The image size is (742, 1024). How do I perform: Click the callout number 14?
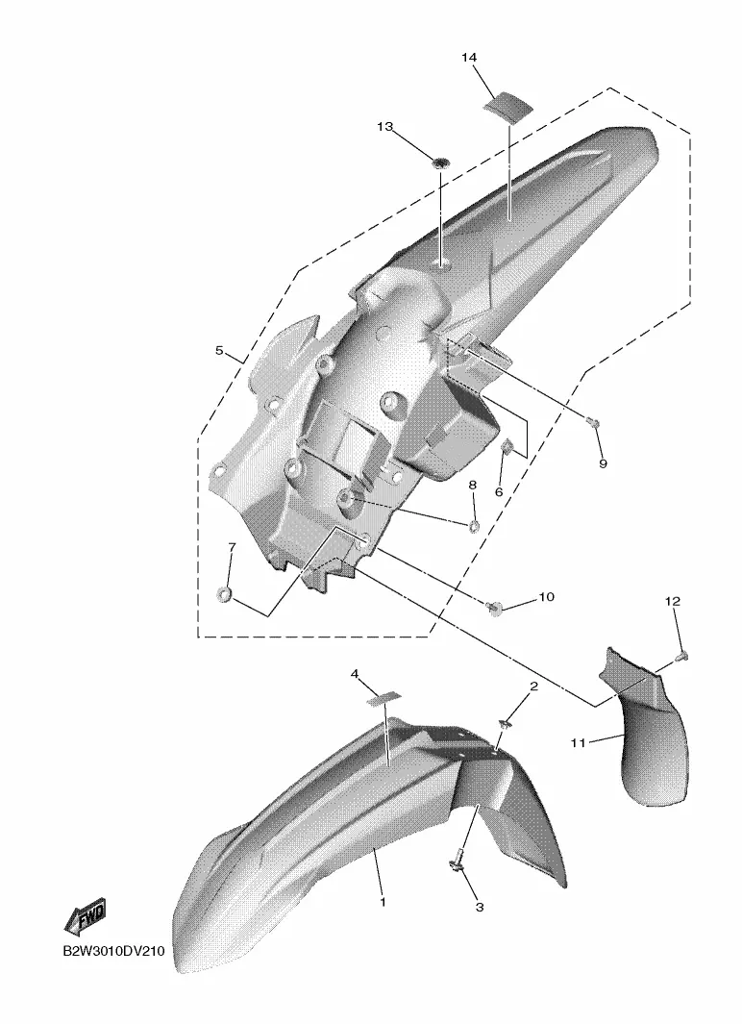(x=469, y=58)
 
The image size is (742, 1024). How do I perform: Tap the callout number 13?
(x=385, y=127)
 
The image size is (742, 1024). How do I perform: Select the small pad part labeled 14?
(x=507, y=105)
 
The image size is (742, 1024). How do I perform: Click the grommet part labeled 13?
(x=442, y=161)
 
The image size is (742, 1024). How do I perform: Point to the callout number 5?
(x=219, y=351)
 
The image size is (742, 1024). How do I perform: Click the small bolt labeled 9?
(x=594, y=423)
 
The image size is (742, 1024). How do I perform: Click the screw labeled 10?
(x=495, y=608)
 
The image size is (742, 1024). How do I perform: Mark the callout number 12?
(x=672, y=601)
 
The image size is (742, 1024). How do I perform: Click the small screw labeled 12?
(x=683, y=655)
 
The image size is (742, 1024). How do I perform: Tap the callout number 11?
(x=578, y=742)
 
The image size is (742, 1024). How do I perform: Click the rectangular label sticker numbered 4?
(x=385, y=698)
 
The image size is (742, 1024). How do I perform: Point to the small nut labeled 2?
(x=505, y=723)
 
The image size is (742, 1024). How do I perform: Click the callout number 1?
(x=383, y=902)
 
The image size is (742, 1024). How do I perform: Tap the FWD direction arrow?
(x=85, y=919)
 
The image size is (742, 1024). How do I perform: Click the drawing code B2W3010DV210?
(x=113, y=952)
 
